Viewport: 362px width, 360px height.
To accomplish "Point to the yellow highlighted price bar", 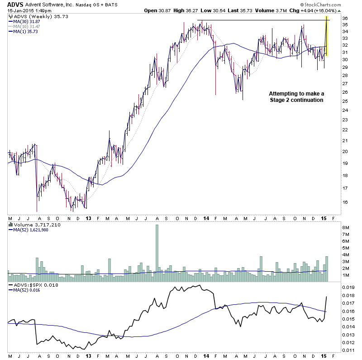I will [x=326, y=36].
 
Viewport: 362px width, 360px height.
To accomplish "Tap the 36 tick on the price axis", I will [x=345, y=19].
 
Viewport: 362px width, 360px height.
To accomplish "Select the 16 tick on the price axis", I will [x=345, y=202].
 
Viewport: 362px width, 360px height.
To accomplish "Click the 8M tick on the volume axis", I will [x=345, y=227].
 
